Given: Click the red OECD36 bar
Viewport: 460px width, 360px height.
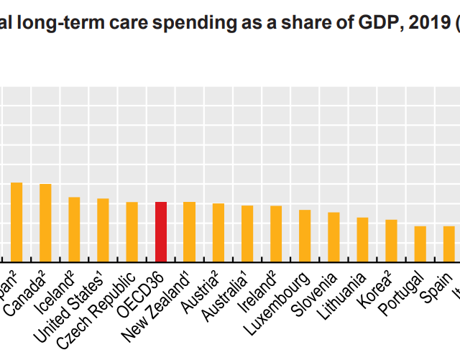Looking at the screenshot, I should [161, 232].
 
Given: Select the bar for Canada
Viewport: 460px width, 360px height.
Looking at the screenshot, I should [45, 223].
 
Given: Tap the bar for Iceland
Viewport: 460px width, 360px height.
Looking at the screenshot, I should [74, 229].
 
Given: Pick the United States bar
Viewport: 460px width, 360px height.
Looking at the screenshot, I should [103, 230].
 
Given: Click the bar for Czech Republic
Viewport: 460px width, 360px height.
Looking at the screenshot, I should [132, 232].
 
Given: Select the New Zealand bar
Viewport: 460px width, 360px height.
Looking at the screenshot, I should [190, 232].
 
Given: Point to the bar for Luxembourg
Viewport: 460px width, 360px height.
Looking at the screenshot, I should [305, 236].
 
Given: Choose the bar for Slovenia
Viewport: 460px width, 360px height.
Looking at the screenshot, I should [333, 237].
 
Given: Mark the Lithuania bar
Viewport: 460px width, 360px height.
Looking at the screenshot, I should [362, 239].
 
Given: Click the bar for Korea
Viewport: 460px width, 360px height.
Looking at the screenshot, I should [391, 241].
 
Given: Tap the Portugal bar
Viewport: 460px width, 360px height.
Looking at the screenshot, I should [420, 244].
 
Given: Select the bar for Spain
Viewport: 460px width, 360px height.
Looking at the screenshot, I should [448, 244].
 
